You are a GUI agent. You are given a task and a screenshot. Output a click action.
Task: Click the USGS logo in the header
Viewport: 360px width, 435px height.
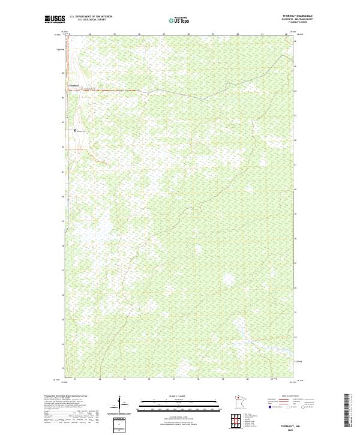[x=55, y=19]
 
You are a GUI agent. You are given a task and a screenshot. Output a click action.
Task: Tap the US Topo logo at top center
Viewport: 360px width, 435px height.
[x=181, y=20]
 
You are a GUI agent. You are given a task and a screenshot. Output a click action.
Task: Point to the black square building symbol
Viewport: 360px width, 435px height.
[x=76, y=130]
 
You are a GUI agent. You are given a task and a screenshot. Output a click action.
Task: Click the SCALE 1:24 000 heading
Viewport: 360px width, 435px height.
[x=180, y=396]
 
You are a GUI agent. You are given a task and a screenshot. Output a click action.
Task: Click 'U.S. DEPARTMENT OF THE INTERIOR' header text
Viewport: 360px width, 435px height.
[x=91, y=16]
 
